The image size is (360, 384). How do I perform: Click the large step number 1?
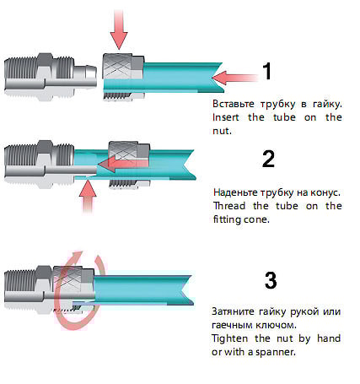(267, 71)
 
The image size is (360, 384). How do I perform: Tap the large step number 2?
(268, 160)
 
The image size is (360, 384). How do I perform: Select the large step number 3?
(271, 280)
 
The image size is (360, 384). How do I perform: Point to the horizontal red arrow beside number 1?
(235, 78)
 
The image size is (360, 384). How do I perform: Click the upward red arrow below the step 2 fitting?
(88, 197)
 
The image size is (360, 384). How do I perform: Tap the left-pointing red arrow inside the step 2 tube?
(123, 164)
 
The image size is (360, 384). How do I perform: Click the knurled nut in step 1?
(123, 77)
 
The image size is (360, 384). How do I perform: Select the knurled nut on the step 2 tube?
(129, 165)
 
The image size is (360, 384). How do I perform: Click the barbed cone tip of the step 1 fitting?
(85, 75)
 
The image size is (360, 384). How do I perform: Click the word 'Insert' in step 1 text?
(226, 117)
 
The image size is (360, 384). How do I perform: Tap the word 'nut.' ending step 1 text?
(222, 131)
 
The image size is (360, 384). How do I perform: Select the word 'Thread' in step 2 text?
(229, 206)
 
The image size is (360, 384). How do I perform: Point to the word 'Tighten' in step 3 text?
(229, 338)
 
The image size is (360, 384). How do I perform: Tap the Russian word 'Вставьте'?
(234, 104)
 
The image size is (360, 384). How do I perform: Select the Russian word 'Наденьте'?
(235, 192)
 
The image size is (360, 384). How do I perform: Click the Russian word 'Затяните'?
(233, 311)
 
